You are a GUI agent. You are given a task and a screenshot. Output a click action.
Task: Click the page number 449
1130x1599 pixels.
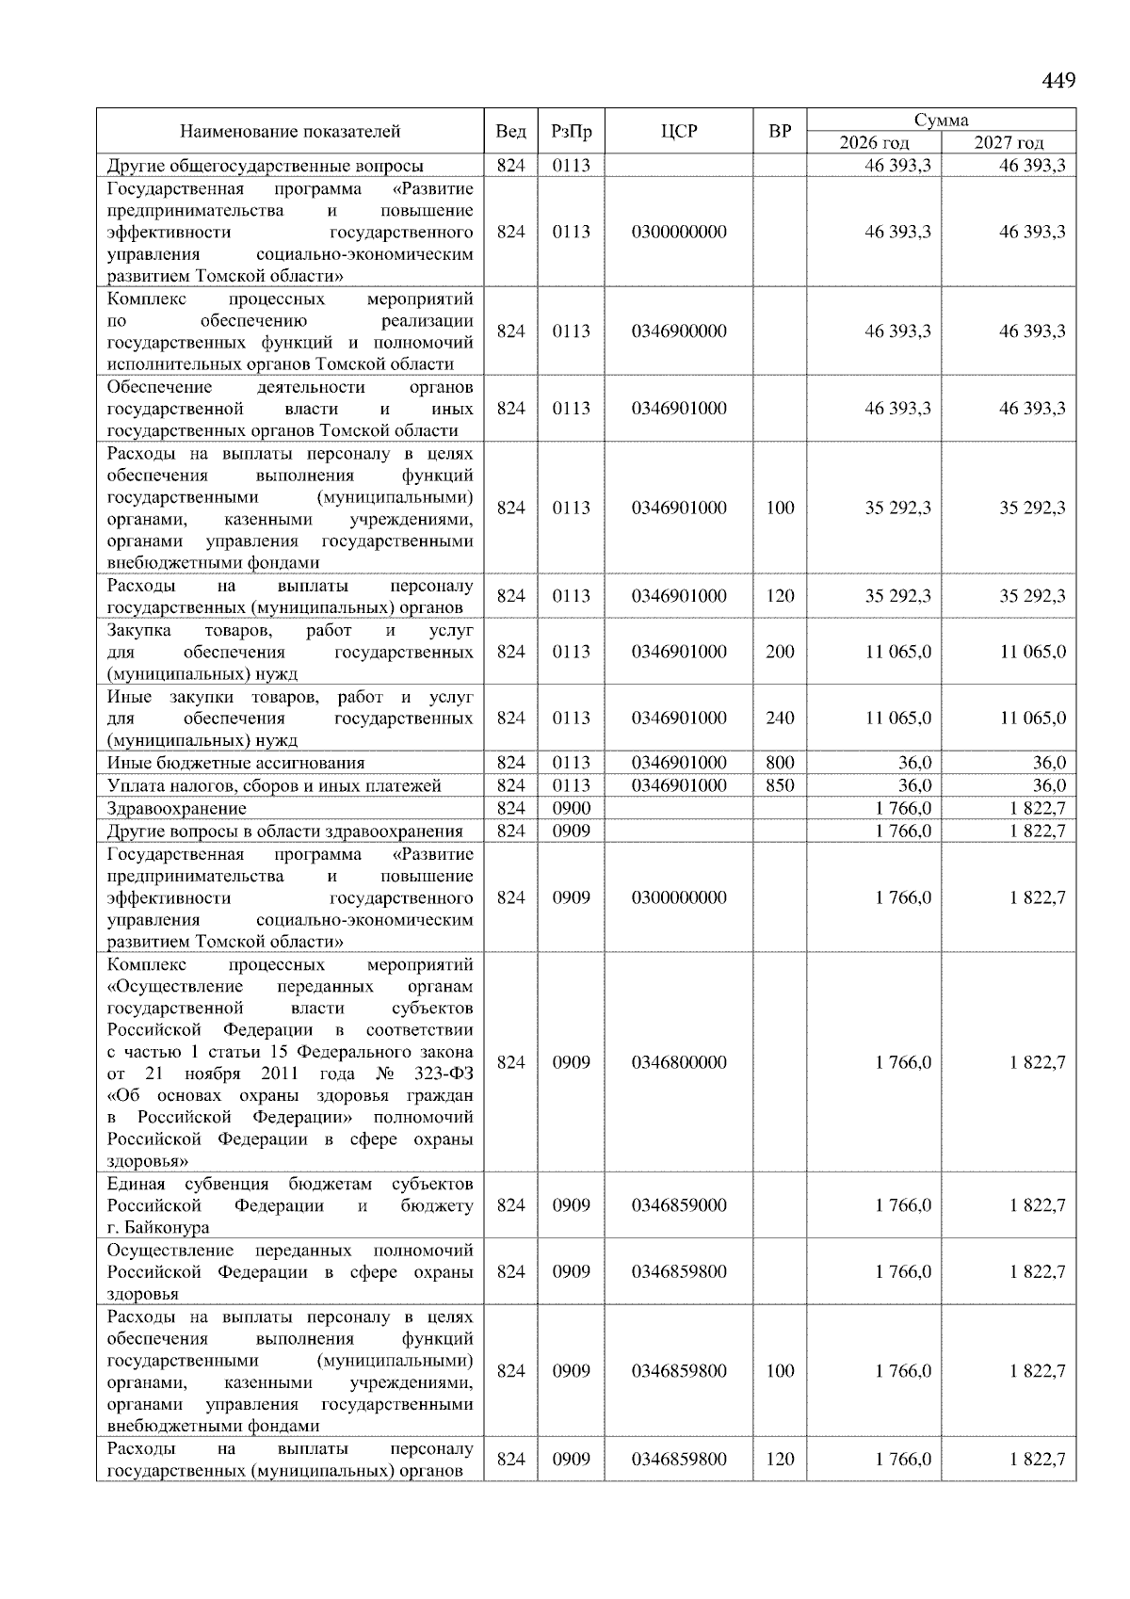coord(1058,81)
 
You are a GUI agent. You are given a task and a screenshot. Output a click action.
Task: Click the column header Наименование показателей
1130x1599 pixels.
coord(290,132)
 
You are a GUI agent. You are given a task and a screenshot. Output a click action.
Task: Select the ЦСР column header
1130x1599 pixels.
coord(679,132)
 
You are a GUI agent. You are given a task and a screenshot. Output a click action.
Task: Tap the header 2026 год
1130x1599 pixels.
coord(875,143)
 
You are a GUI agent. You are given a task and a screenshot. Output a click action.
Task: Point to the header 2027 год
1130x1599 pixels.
coord(1009,143)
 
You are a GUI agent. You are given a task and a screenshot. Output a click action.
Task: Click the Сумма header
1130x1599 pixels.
coord(941,120)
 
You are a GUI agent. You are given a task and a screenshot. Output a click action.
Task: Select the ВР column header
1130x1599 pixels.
coord(780,132)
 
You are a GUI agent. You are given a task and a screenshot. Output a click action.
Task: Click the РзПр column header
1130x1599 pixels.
coord(571,132)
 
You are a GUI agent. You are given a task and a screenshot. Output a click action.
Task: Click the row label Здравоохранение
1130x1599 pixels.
coord(177,808)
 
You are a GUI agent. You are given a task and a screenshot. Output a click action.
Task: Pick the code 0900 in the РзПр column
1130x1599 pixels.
coord(571,808)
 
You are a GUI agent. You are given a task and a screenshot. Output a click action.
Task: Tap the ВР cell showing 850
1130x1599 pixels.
coord(780,785)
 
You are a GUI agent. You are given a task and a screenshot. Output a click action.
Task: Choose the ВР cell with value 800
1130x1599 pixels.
coord(780,763)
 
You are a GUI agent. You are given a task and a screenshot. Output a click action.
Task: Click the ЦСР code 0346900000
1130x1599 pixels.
coord(679,331)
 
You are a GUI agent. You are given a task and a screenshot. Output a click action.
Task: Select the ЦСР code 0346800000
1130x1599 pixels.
coord(679,1062)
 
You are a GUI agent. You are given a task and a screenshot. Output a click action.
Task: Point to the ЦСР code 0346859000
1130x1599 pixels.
coord(679,1205)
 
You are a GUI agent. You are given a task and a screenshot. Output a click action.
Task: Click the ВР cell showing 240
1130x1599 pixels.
coord(780,718)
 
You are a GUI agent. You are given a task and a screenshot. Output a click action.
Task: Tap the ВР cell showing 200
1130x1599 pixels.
coord(780,652)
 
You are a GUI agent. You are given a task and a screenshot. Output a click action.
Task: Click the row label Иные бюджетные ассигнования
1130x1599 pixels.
coord(235,763)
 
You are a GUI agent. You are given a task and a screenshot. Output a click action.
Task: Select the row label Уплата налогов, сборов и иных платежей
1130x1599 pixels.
coord(274,785)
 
